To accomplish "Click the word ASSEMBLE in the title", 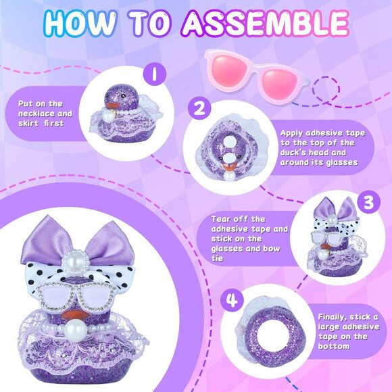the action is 265,23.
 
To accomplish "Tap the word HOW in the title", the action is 80,23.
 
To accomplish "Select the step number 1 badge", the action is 155,74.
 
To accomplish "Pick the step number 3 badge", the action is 369,202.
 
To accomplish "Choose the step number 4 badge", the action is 232,300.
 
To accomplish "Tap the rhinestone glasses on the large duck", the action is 76,297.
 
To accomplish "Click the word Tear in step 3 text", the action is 222,219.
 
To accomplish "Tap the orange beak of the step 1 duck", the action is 112,105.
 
